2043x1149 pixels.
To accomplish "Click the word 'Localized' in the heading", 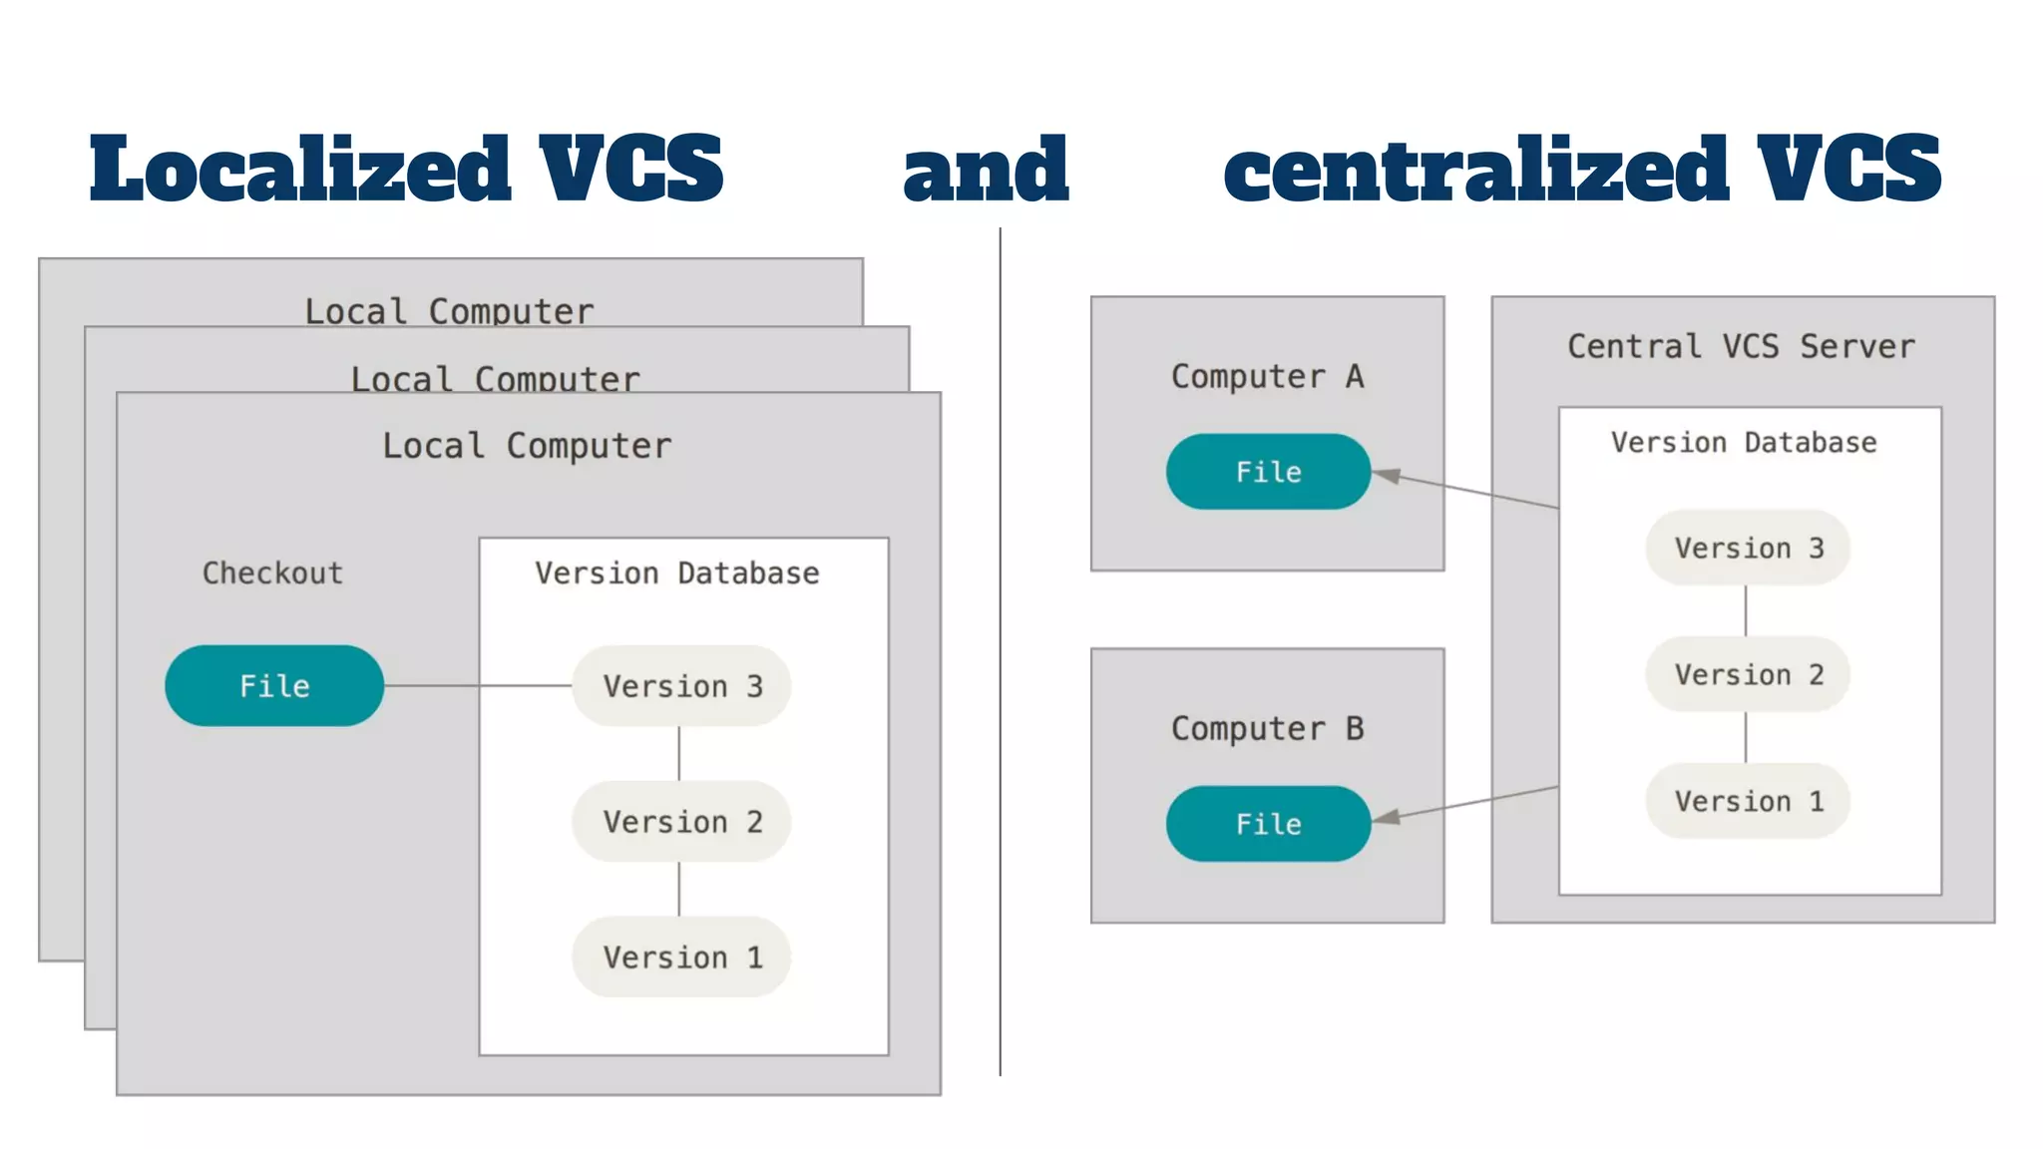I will click(299, 170).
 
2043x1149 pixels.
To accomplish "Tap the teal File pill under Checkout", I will click(274, 686).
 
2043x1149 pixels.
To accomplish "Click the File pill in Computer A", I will click(1268, 472).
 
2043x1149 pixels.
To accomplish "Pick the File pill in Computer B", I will click(1268, 824).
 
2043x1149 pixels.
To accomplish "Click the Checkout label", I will click(272, 574).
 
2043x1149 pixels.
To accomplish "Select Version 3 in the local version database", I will click(681, 686).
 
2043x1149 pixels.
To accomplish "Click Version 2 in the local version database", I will click(681, 822).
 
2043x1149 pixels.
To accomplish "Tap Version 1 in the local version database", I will click(681, 957).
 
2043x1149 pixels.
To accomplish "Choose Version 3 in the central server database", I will click(1748, 549).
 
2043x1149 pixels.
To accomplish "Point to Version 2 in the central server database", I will click(1748, 675).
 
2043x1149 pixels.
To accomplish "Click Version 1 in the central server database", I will click(1748, 802).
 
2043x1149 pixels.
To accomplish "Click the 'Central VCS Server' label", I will click(1741, 347).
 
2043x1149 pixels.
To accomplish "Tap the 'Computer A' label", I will click(1267, 377).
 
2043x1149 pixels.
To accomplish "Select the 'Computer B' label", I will click(1267, 729).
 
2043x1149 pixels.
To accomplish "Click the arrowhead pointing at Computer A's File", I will click(1388, 476).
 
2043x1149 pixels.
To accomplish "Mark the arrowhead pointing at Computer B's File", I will click(1388, 818).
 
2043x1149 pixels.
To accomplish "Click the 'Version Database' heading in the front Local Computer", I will click(676, 574).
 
